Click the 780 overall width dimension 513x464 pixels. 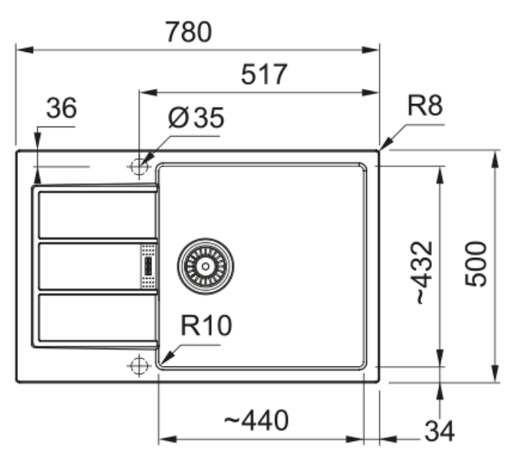coord(189,32)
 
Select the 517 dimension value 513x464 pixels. coord(264,75)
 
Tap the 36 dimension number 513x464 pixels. coord(62,108)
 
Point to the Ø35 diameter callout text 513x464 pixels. coord(196,118)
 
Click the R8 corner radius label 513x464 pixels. coord(425,105)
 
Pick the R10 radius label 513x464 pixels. coord(206,325)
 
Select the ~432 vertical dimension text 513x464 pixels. coord(425,272)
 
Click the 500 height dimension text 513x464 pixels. coord(476,264)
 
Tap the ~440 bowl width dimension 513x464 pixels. coord(256,421)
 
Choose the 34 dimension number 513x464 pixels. coord(439,431)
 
